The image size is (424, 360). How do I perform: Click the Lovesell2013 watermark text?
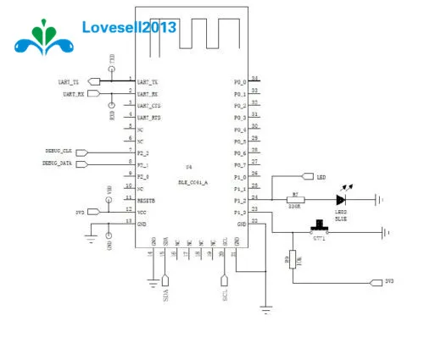(x=129, y=27)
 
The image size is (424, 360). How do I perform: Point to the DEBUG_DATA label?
(x=59, y=162)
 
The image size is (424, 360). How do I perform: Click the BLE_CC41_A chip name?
(x=193, y=180)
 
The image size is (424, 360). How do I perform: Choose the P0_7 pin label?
(x=240, y=164)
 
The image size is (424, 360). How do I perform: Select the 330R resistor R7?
(x=295, y=199)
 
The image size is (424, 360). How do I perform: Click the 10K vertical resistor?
(x=293, y=260)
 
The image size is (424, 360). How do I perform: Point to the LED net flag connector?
(x=308, y=177)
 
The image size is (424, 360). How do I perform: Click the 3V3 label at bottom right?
(x=389, y=280)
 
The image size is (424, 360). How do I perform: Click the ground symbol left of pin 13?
(x=91, y=238)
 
